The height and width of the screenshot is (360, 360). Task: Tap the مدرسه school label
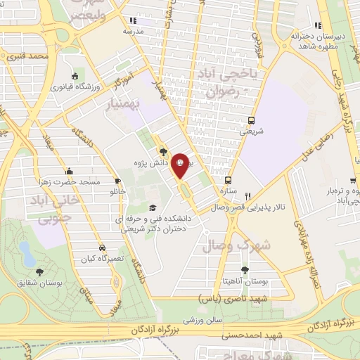click(x=134, y=32)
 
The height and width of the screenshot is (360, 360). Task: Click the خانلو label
click(x=115, y=191)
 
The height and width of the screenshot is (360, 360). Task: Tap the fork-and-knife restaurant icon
click(x=248, y=194)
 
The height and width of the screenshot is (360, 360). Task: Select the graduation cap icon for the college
click(x=152, y=208)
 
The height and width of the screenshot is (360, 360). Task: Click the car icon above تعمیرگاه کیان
click(x=103, y=248)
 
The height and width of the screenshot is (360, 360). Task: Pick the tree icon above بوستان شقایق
click(x=37, y=271)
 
